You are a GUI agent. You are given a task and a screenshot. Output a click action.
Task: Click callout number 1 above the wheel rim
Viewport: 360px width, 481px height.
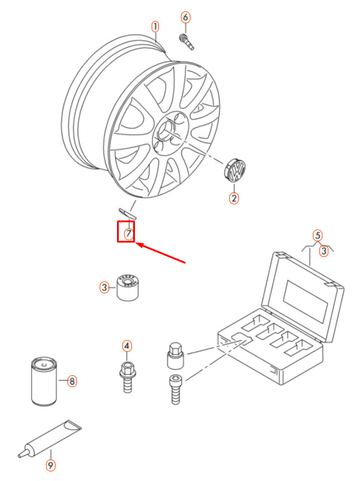coord(155,26)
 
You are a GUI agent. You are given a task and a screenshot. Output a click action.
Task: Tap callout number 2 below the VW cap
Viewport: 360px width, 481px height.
coord(234,198)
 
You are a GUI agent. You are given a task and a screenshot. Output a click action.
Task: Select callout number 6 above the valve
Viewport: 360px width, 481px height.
coord(185,17)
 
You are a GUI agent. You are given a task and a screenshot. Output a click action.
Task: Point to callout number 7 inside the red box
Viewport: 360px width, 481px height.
coord(129,234)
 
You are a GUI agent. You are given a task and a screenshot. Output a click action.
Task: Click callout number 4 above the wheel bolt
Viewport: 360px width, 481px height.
coord(127,346)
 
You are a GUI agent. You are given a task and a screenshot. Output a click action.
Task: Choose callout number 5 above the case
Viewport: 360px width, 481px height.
coord(318,235)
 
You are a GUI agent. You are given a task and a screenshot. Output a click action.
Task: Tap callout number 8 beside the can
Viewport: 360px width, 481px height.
coord(72,381)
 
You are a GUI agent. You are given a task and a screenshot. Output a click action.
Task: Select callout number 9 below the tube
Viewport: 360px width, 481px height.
coord(51,465)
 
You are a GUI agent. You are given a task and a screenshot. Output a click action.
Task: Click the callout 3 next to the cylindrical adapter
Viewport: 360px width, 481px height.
coord(104,287)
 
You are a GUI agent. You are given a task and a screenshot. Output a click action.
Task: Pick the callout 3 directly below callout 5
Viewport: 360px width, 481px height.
coord(324,251)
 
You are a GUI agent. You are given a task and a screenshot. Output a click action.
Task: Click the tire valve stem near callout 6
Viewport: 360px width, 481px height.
coord(186,42)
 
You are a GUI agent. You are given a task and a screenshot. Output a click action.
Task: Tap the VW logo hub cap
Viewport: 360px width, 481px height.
coord(235,170)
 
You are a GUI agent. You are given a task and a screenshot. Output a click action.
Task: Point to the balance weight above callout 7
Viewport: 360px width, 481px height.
coord(127,213)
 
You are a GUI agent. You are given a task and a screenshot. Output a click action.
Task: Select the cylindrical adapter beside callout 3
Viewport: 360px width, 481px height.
coord(127,287)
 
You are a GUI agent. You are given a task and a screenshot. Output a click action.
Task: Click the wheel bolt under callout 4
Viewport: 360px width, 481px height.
coord(127,377)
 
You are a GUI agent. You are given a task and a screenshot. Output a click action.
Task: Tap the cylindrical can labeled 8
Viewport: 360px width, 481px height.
coord(44,382)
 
